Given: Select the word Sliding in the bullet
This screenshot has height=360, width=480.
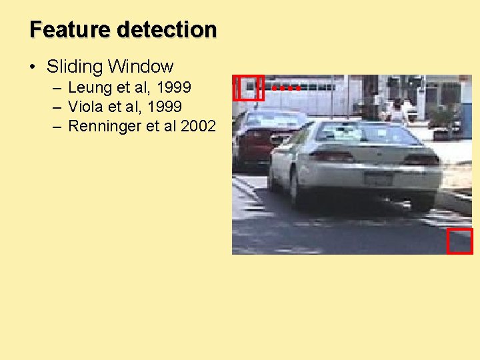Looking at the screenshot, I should (x=75, y=67).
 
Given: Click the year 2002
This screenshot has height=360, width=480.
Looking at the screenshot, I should (x=198, y=126).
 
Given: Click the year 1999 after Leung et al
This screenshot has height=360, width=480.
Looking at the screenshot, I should (x=173, y=87).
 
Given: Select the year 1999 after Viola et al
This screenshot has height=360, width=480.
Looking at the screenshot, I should (x=163, y=107).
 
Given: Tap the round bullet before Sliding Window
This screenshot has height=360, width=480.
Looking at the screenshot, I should (x=32, y=67).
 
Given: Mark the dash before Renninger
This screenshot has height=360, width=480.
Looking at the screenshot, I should (x=57, y=126).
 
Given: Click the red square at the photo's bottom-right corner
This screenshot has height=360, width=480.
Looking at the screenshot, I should (x=459, y=241).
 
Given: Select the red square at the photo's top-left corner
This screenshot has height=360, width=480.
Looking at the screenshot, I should (x=248, y=87).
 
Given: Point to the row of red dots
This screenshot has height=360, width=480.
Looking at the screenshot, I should (x=286, y=87).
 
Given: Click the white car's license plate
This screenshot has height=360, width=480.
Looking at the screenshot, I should (x=378, y=179).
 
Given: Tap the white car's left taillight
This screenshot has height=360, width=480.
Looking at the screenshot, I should (x=331, y=156).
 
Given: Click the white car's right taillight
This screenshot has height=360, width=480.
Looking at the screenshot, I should (x=422, y=159).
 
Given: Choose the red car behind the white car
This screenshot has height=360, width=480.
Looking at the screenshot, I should (x=257, y=137).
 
